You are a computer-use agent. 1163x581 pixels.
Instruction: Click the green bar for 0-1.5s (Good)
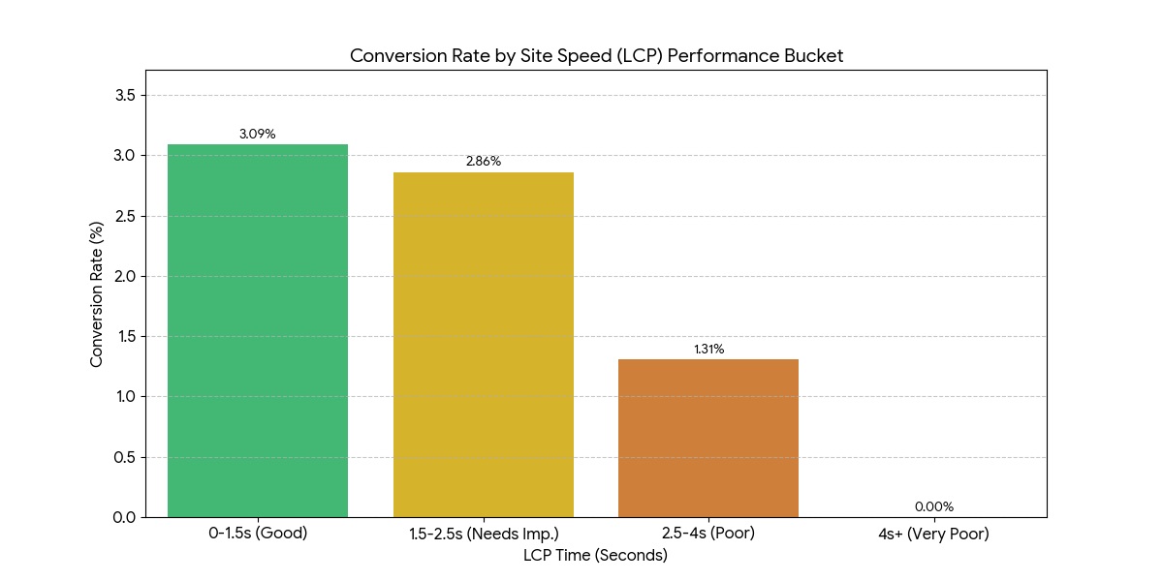tap(258, 330)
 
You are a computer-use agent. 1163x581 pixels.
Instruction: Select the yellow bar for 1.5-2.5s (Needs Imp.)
tap(483, 344)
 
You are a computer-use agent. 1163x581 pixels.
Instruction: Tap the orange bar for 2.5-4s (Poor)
tap(708, 438)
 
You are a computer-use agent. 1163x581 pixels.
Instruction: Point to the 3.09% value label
tap(258, 135)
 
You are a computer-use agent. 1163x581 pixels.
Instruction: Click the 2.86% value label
tap(484, 162)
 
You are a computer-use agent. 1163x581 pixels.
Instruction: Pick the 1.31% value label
tap(708, 350)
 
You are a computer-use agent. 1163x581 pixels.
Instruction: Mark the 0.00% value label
tap(934, 506)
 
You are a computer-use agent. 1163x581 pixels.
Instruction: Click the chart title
tap(596, 56)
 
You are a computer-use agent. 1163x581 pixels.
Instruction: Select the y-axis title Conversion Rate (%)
tap(97, 293)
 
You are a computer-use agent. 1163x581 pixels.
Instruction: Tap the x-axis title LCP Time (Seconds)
tap(595, 556)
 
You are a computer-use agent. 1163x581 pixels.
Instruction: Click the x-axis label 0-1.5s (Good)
tap(258, 534)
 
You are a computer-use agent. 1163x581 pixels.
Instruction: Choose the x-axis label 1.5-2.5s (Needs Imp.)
tap(484, 534)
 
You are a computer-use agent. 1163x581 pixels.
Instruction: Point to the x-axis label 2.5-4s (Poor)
tap(708, 534)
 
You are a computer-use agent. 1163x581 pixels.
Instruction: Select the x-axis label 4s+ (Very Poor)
tap(934, 534)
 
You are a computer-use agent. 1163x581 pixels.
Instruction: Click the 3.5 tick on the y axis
tap(124, 95)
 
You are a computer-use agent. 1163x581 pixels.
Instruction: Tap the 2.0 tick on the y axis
tap(124, 276)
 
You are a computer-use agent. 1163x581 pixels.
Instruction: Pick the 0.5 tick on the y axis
tap(124, 457)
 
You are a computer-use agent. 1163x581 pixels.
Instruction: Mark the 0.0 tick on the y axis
tap(124, 517)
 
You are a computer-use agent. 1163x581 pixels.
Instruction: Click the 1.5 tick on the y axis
tap(124, 337)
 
